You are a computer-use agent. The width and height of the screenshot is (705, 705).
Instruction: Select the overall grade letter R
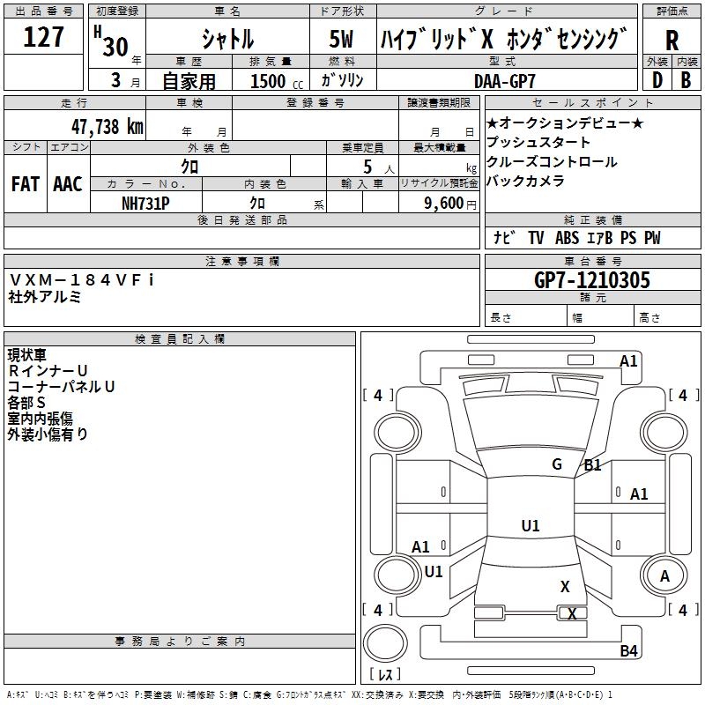(x=672, y=41)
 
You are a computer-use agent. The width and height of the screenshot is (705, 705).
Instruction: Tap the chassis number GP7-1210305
(x=592, y=281)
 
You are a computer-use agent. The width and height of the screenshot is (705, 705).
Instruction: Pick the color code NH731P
(x=145, y=203)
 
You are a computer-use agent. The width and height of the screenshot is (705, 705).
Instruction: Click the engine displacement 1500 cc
(x=273, y=81)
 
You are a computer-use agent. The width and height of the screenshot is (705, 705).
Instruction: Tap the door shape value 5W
(x=342, y=41)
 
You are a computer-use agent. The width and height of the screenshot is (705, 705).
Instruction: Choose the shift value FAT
(x=25, y=184)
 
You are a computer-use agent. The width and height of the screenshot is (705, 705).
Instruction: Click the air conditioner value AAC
(x=68, y=184)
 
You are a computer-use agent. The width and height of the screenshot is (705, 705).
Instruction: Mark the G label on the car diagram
(x=557, y=464)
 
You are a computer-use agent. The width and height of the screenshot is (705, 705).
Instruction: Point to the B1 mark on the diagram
(x=592, y=465)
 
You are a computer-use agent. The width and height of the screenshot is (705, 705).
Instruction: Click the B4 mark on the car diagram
(x=628, y=650)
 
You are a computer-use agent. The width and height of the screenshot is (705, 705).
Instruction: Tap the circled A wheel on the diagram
(x=664, y=576)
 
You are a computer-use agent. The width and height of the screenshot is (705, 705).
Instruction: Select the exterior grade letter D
(x=657, y=80)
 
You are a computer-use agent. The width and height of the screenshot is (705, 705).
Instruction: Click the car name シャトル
(x=227, y=41)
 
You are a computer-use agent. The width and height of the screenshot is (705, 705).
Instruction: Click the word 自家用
(x=189, y=81)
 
